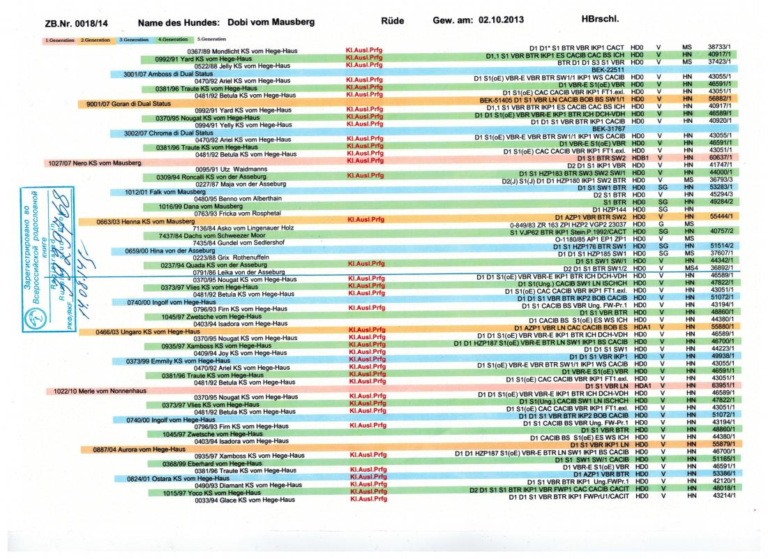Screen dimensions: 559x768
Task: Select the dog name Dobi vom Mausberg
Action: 227,23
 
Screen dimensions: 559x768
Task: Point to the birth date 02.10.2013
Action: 502,22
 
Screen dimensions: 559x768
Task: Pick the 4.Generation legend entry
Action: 173,40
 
